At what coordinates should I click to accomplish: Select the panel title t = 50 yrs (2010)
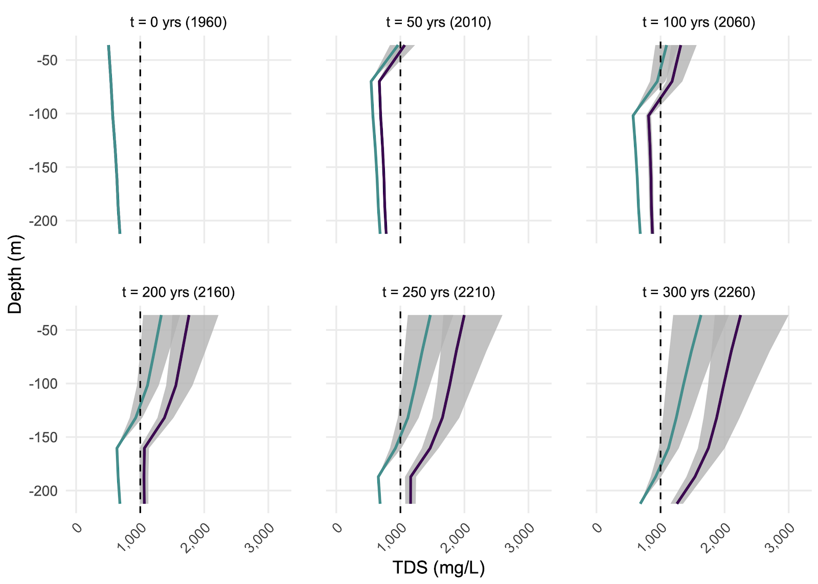click(x=439, y=23)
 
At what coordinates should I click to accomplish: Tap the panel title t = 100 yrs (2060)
click(x=699, y=23)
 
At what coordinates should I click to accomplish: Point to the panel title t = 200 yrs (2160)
click(x=178, y=293)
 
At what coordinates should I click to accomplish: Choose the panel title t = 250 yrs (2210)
click(x=439, y=293)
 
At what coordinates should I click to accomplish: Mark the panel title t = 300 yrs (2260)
click(x=699, y=293)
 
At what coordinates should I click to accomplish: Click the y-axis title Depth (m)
click(x=16, y=274)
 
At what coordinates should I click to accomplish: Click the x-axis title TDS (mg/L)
click(x=439, y=568)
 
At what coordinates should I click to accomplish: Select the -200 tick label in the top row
click(x=43, y=221)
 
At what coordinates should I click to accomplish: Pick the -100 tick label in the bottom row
click(x=43, y=384)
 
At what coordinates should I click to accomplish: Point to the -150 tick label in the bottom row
click(x=43, y=437)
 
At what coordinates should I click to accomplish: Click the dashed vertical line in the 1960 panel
click(x=140, y=153)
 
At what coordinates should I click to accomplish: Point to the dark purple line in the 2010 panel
click(x=382, y=153)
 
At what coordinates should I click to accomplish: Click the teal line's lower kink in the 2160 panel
click(x=117, y=448)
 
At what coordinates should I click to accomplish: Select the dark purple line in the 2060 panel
click(x=650, y=169)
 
